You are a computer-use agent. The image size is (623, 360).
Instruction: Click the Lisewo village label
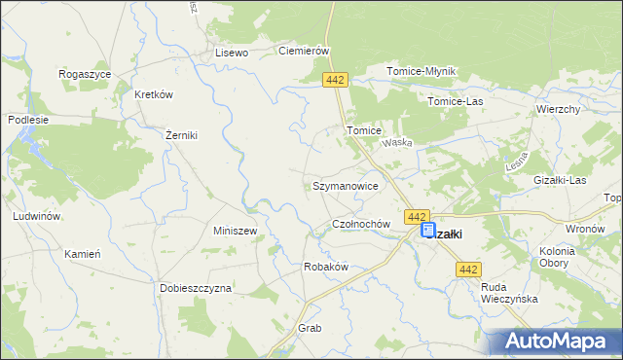pos(233,53)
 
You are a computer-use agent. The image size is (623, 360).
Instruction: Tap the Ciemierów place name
pos(306,51)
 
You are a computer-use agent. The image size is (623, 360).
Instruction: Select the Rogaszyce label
pos(85,74)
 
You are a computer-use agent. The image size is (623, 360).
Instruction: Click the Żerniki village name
pos(181,135)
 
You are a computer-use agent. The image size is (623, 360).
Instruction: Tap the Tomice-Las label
pos(456,100)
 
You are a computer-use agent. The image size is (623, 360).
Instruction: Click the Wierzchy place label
pos(558,110)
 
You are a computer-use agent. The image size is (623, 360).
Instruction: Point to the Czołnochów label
pos(361,224)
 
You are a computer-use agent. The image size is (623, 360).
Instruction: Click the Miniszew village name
pos(235,231)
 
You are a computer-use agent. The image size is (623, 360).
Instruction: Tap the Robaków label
pos(326,267)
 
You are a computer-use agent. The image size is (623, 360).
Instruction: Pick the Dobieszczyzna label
pos(196,288)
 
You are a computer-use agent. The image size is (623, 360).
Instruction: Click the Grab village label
pos(310,328)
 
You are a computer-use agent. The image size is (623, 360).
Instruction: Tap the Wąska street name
pos(397,142)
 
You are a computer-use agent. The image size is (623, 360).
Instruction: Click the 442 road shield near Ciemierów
pos(336,80)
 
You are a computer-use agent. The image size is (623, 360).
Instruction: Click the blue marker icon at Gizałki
pos(428,230)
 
